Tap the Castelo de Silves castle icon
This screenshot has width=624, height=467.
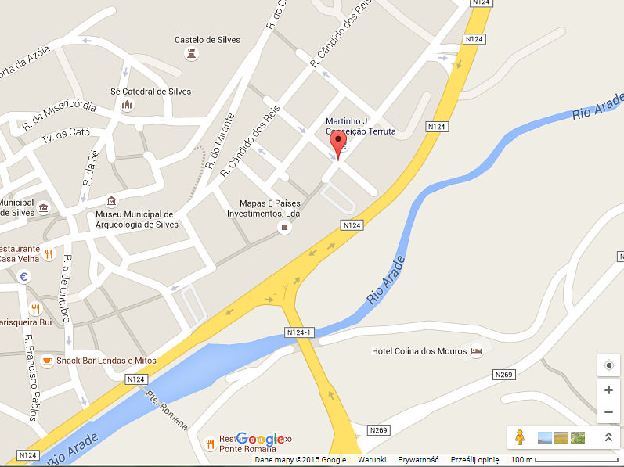point(190,53)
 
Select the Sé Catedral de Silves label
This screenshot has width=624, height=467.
point(151,92)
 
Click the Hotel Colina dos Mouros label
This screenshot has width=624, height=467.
point(418,351)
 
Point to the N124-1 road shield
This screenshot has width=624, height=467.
point(300,333)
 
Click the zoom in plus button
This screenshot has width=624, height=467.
point(608,390)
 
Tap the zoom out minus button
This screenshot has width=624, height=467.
point(608,411)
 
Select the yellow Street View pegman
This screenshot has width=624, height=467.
point(520,437)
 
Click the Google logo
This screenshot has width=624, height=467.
point(260,440)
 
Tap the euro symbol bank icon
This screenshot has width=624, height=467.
point(24,276)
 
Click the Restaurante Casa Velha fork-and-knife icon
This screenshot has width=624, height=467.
point(49,253)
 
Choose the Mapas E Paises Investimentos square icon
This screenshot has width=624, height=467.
point(284,228)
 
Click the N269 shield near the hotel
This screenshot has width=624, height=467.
point(504,375)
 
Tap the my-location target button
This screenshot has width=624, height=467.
point(608,365)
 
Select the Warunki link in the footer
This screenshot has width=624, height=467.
point(372,460)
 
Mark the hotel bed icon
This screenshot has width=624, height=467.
point(476,351)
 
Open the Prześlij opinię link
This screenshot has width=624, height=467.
point(473,460)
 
